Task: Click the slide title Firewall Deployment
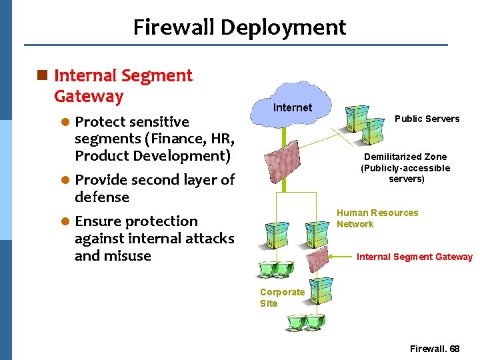pos(239,27)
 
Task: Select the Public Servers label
pos(427,119)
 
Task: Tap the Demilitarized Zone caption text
pos(405,168)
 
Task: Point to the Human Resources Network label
pos(377,219)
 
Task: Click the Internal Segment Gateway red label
pos(414,257)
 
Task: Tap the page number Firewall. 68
pos(435,349)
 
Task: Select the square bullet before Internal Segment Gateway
pos(43,76)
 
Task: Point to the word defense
pos(101,197)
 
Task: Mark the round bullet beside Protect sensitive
pos(65,122)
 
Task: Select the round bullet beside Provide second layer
pos(65,180)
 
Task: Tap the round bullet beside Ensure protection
pos(65,221)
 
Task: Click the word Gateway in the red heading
pos(89,96)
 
